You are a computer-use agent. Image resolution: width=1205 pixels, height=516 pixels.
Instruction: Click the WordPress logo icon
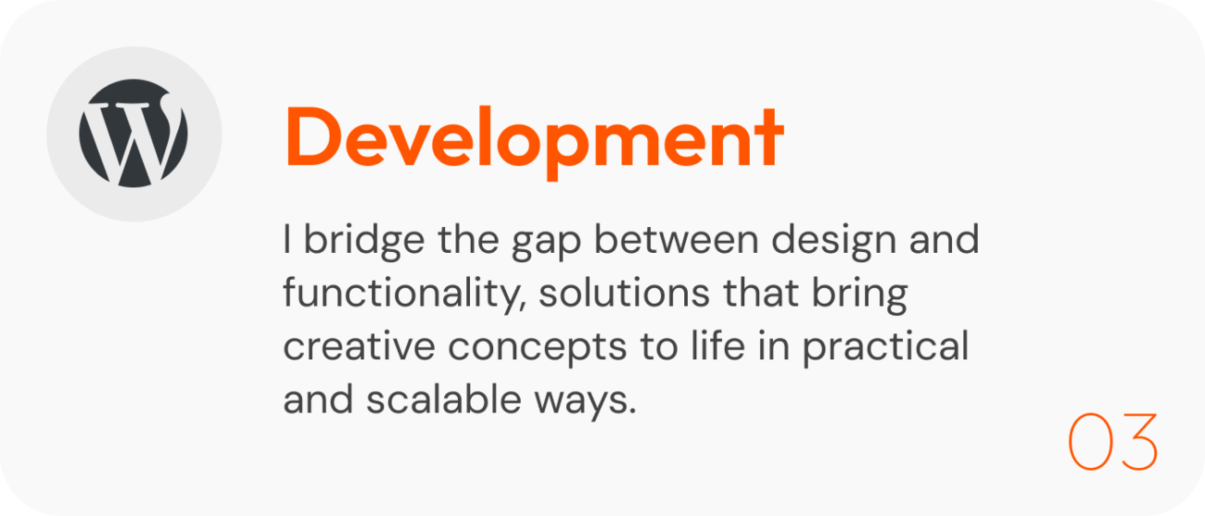133,133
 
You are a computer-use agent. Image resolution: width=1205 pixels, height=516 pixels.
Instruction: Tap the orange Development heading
534,141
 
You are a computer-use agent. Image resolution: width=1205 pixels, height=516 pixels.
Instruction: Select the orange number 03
1113,442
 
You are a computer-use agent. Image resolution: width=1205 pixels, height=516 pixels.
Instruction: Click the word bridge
364,241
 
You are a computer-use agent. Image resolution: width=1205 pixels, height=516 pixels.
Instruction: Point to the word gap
546,245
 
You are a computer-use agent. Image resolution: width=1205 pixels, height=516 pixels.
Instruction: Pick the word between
677,240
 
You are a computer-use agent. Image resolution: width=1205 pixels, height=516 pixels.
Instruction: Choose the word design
834,241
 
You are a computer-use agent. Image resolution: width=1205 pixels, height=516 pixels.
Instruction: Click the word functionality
404,295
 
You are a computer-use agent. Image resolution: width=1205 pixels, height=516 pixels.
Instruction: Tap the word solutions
625,293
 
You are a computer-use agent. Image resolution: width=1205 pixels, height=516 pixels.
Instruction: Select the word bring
859,295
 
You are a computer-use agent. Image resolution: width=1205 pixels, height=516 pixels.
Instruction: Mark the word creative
359,346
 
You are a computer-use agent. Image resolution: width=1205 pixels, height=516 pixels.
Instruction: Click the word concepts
538,348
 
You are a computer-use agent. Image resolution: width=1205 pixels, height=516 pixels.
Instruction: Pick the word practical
886,347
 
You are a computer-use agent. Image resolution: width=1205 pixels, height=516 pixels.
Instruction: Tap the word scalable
444,399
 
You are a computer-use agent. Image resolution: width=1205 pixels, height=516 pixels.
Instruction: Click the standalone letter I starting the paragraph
287,239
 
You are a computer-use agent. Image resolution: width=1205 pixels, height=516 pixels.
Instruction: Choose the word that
761,293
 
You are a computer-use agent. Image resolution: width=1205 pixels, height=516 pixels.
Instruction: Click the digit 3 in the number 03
1138,442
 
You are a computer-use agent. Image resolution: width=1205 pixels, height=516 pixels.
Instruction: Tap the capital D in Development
312,136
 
